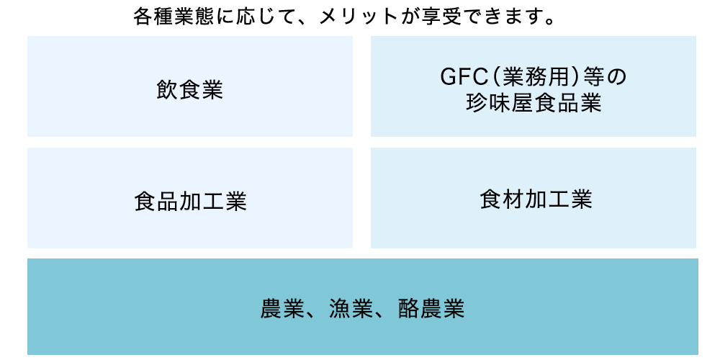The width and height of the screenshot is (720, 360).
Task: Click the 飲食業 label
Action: (189, 90)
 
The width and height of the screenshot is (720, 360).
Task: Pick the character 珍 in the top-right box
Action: (479, 104)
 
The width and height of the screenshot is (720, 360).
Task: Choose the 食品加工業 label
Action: (190, 202)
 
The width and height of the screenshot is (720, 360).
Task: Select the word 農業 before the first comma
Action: (282, 309)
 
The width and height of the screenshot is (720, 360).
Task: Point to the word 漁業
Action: (350, 309)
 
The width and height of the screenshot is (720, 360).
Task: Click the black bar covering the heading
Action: (338, 16)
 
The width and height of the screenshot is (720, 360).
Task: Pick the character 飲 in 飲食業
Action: (167, 90)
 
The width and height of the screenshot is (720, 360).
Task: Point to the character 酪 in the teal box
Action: (408, 309)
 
